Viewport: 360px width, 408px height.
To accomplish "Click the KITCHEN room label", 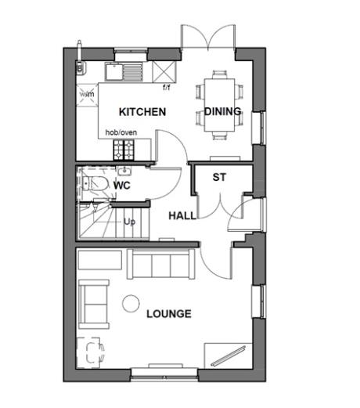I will (142, 112).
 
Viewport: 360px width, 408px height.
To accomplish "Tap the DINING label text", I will (222, 112).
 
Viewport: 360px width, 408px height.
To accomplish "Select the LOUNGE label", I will (168, 314).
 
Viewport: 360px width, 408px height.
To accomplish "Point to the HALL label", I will (183, 215).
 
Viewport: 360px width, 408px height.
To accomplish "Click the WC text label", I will (121, 186).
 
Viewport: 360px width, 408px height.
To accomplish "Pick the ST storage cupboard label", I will (219, 177).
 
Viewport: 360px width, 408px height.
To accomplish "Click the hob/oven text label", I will (122, 132).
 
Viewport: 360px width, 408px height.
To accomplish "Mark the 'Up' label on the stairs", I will (129, 222).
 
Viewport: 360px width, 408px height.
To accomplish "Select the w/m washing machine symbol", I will (87, 94).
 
